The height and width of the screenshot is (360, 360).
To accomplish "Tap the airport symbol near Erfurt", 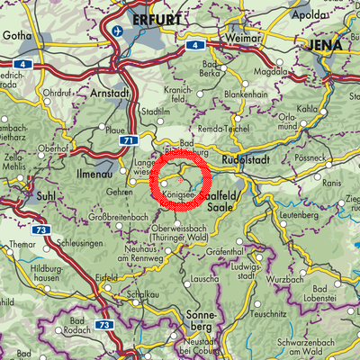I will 117,31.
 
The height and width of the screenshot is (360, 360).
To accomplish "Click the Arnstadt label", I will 110,94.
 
